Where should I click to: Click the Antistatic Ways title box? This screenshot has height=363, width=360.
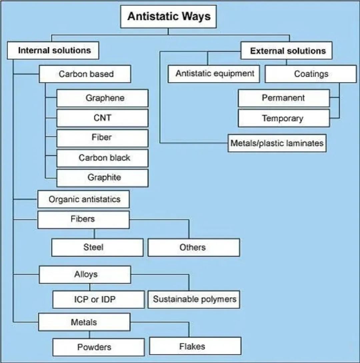pyautogui.click(x=168, y=16)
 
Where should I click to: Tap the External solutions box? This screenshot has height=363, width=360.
pyautogui.click(x=287, y=51)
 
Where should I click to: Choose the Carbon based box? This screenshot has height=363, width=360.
pyautogui.click(x=85, y=74)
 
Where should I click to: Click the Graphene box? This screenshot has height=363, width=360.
pyautogui.click(x=103, y=98)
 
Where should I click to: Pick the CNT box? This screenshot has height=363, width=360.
pyautogui.click(x=103, y=118)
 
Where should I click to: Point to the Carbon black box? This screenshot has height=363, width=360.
pyautogui.click(x=103, y=158)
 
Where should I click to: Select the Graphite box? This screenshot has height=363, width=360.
pyautogui.click(x=103, y=178)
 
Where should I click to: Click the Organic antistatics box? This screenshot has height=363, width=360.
pyautogui.click(x=84, y=199)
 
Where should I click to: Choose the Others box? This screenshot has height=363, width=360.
pyautogui.click(x=193, y=247)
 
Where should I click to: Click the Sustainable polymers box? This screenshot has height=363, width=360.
pyautogui.click(x=194, y=299)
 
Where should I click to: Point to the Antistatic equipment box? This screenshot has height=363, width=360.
pyautogui.click(x=214, y=74)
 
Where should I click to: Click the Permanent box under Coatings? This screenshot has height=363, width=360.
pyautogui.click(x=284, y=98)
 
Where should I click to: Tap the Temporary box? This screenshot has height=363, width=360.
pyautogui.click(x=284, y=118)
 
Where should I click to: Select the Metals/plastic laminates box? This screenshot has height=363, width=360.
pyautogui.click(x=277, y=143)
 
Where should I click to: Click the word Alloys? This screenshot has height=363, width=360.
pyautogui.click(x=86, y=274)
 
